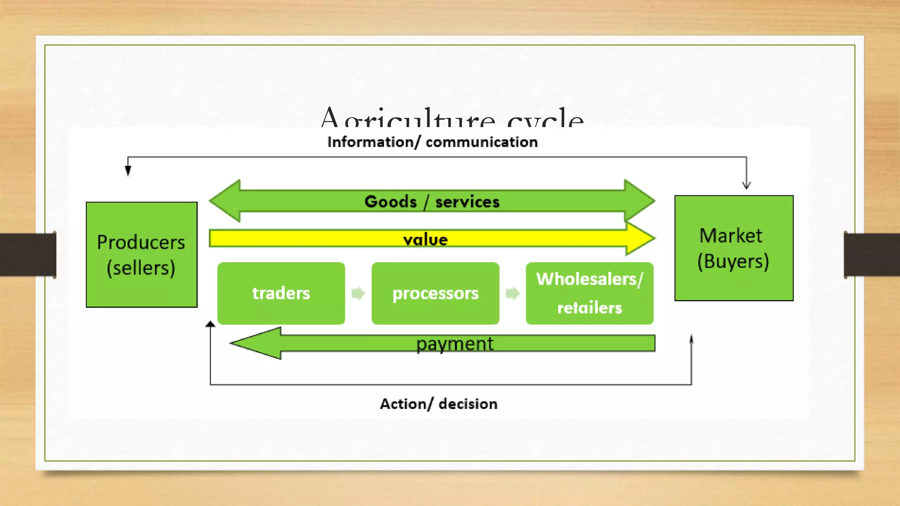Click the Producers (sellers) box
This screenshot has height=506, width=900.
point(142,255)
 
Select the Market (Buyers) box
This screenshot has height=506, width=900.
point(733,248)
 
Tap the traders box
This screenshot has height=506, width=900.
point(281,293)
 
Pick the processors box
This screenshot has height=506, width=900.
point(435,293)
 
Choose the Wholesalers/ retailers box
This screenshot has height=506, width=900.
point(589,293)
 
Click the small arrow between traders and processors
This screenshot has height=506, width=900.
point(358,293)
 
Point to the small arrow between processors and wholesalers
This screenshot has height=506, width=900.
point(512,293)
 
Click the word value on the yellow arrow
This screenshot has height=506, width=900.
point(425,240)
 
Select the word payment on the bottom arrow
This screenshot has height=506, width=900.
point(455,344)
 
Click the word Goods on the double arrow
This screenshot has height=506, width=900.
point(390,202)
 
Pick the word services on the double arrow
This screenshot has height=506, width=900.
point(467,202)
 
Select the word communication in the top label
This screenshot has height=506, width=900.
point(482,142)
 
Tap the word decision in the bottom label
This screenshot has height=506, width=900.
point(468,404)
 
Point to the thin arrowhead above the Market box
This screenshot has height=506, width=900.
point(746,185)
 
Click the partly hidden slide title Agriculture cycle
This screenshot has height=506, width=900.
point(452,118)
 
